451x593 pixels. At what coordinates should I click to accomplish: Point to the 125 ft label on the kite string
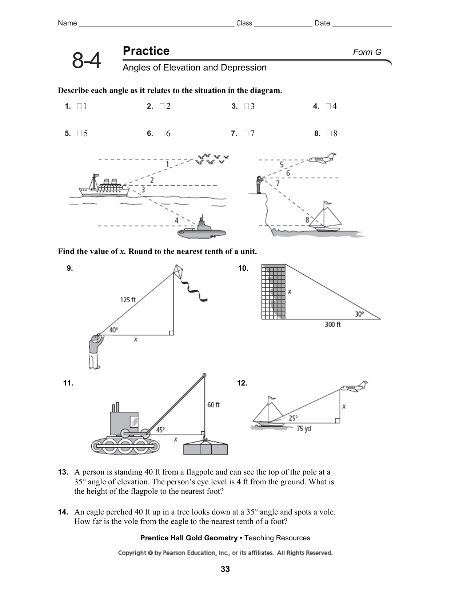tap(128, 300)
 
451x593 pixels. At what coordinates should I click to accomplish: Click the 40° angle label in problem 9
tap(113, 330)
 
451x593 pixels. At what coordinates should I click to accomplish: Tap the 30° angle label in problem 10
tap(359, 314)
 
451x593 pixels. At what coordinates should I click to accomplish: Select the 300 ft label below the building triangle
tap(332, 324)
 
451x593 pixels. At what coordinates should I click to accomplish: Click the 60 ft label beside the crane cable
tap(213, 405)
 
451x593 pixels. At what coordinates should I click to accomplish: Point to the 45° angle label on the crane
tap(160, 430)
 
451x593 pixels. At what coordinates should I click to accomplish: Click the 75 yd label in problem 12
tap(303, 429)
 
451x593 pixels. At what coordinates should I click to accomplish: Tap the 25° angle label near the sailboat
tap(293, 418)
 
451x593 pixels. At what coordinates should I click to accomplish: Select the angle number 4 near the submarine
tap(176, 221)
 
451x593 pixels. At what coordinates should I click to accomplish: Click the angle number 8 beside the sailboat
tap(307, 220)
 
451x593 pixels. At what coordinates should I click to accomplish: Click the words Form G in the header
tap(367, 52)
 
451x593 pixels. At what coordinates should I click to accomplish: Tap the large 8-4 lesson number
tap(87, 61)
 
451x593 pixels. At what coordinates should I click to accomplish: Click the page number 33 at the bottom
tap(225, 569)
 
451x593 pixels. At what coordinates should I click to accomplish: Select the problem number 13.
tap(63, 472)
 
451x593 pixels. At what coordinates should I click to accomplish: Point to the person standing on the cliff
tap(259, 185)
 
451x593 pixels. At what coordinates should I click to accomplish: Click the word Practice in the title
tap(146, 51)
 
